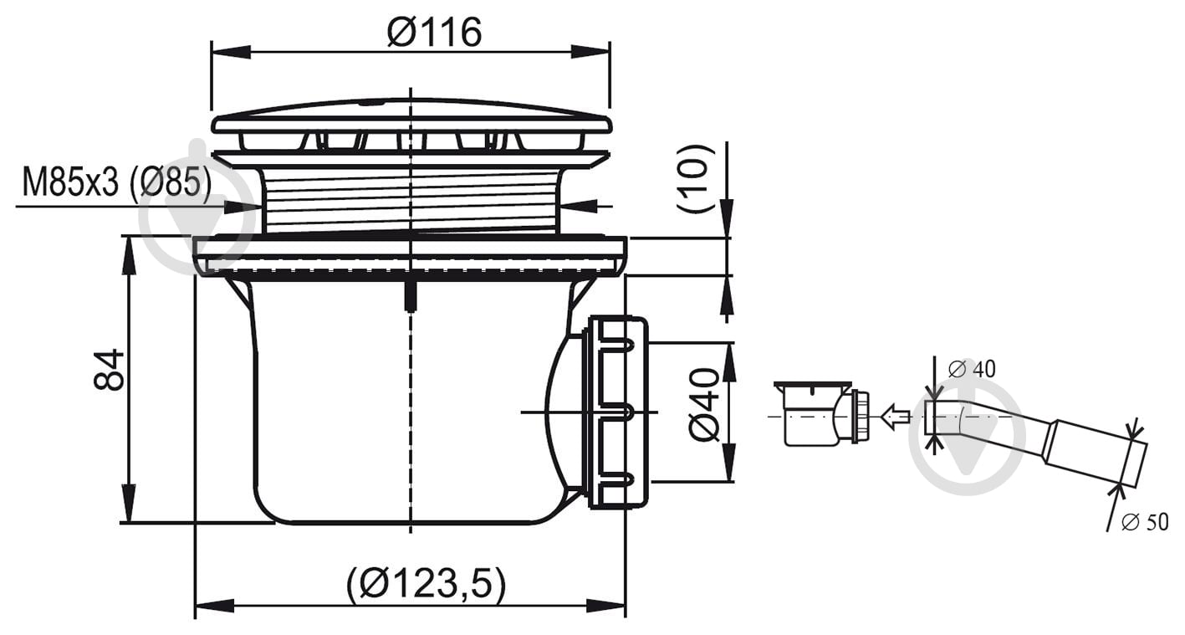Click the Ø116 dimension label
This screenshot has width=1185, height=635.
[x=434, y=33]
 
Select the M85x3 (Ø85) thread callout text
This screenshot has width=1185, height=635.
[x=117, y=182]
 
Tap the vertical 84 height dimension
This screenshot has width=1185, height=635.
[x=109, y=369]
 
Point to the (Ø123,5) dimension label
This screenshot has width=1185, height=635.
[x=426, y=584]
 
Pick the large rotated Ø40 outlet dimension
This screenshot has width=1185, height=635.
[x=704, y=405]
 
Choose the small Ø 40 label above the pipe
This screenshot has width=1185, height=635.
[x=972, y=369]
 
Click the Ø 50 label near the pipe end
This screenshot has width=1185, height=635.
[x=1145, y=523]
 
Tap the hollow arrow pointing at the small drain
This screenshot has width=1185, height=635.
[x=895, y=416]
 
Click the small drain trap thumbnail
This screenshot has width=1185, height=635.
[x=821, y=413]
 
